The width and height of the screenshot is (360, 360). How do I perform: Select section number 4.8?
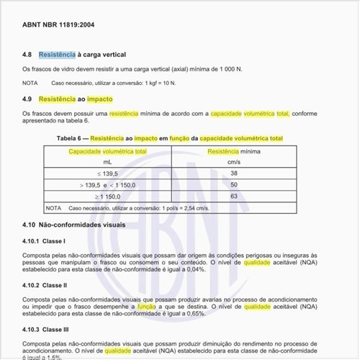(x=27, y=55)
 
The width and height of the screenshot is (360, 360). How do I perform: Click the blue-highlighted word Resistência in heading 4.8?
(x=57, y=55)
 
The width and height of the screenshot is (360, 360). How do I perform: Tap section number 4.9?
(x=27, y=99)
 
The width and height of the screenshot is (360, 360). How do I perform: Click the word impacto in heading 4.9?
(x=101, y=99)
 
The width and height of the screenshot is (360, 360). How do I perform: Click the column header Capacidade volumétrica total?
(x=107, y=151)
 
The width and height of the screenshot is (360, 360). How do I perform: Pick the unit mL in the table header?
(x=107, y=163)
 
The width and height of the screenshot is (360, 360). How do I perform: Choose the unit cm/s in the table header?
(x=234, y=163)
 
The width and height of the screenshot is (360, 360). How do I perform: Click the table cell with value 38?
(x=234, y=174)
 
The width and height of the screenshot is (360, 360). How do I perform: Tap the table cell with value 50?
(x=234, y=185)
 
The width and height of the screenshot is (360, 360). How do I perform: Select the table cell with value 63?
(x=234, y=196)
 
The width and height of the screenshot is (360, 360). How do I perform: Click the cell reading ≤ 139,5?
(x=107, y=174)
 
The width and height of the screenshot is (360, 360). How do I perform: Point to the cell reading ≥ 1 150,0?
(x=107, y=196)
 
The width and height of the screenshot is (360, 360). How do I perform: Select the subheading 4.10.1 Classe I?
(x=45, y=240)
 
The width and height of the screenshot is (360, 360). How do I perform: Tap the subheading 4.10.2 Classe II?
(x=45, y=285)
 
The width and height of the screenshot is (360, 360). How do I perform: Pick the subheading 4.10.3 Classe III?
(x=46, y=329)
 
